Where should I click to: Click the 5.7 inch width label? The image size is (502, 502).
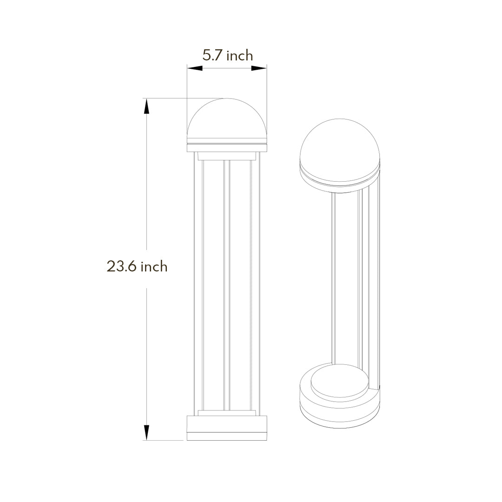pyautogui.click(x=227, y=56)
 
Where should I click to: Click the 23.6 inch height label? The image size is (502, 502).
pyautogui.click(x=137, y=266)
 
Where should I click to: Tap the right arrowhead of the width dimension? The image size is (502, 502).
pyautogui.click(x=259, y=68)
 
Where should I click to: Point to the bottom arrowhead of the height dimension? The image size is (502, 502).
pyautogui.click(x=146, y=432)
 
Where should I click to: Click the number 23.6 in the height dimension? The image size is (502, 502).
pyautogui.click(x=122, y=266)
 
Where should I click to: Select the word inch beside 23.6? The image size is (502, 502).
pyautogui.click(x=154, y=266)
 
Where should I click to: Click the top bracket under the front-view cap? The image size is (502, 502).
pyautogui.click(x=227, y=156)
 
